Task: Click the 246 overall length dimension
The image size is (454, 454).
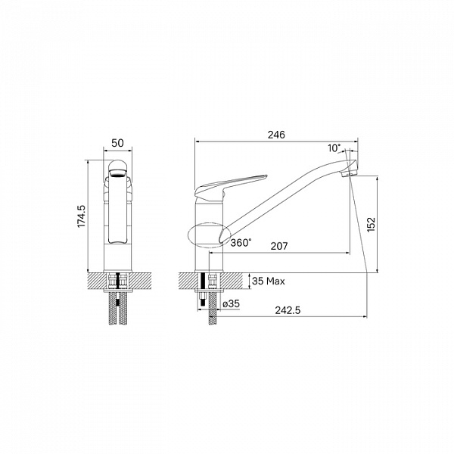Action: [276, 135]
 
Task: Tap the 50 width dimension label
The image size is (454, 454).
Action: [117, 143]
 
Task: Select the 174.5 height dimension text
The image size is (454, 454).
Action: [82, 216]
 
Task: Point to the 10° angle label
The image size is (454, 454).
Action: [334, 148]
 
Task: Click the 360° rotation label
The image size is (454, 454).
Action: [241, 243]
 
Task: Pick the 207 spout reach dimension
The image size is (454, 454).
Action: [279, 246]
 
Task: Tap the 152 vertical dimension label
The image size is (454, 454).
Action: [371, 225]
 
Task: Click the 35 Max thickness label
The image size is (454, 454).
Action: [269, 281]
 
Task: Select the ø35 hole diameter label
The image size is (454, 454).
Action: [232, 303]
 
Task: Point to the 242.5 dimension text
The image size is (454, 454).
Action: [288, 310]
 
